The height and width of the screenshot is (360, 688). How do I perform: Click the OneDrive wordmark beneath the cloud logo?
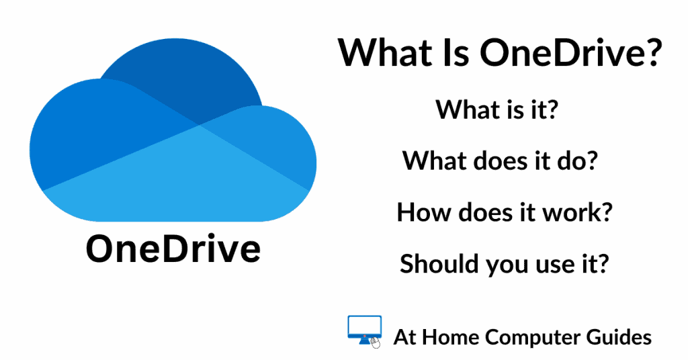coord(173,249)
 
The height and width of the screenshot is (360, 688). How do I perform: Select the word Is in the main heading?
coord(456,53)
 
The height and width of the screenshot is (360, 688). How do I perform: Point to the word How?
coord(423,212)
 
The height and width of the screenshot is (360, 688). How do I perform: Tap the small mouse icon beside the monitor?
coord(376,343)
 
